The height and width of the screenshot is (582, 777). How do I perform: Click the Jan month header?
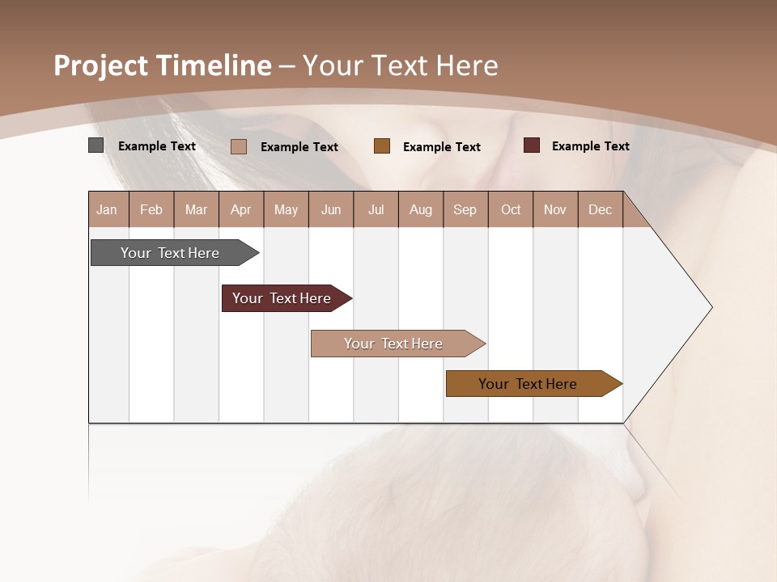[108, 209]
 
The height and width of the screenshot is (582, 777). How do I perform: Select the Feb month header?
[151, 209]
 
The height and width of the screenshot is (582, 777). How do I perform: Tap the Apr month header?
[241, 209]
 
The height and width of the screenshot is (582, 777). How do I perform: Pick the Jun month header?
[331, 209]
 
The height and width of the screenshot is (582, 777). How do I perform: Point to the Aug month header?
[421, 209]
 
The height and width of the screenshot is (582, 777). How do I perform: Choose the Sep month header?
[465, 209]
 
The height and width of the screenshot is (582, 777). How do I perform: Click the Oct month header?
[511, 209]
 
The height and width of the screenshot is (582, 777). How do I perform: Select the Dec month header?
[601, 209]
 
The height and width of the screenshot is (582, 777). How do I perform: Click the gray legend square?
[96, 145]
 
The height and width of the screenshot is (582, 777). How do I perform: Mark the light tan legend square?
[238, 146]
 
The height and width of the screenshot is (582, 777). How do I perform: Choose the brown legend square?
[382, 146]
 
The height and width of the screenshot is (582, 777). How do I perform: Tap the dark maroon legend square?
[531, 145]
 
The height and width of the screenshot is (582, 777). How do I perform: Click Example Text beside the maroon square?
[590, 146]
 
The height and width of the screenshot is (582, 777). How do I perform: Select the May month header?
[286, 209]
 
